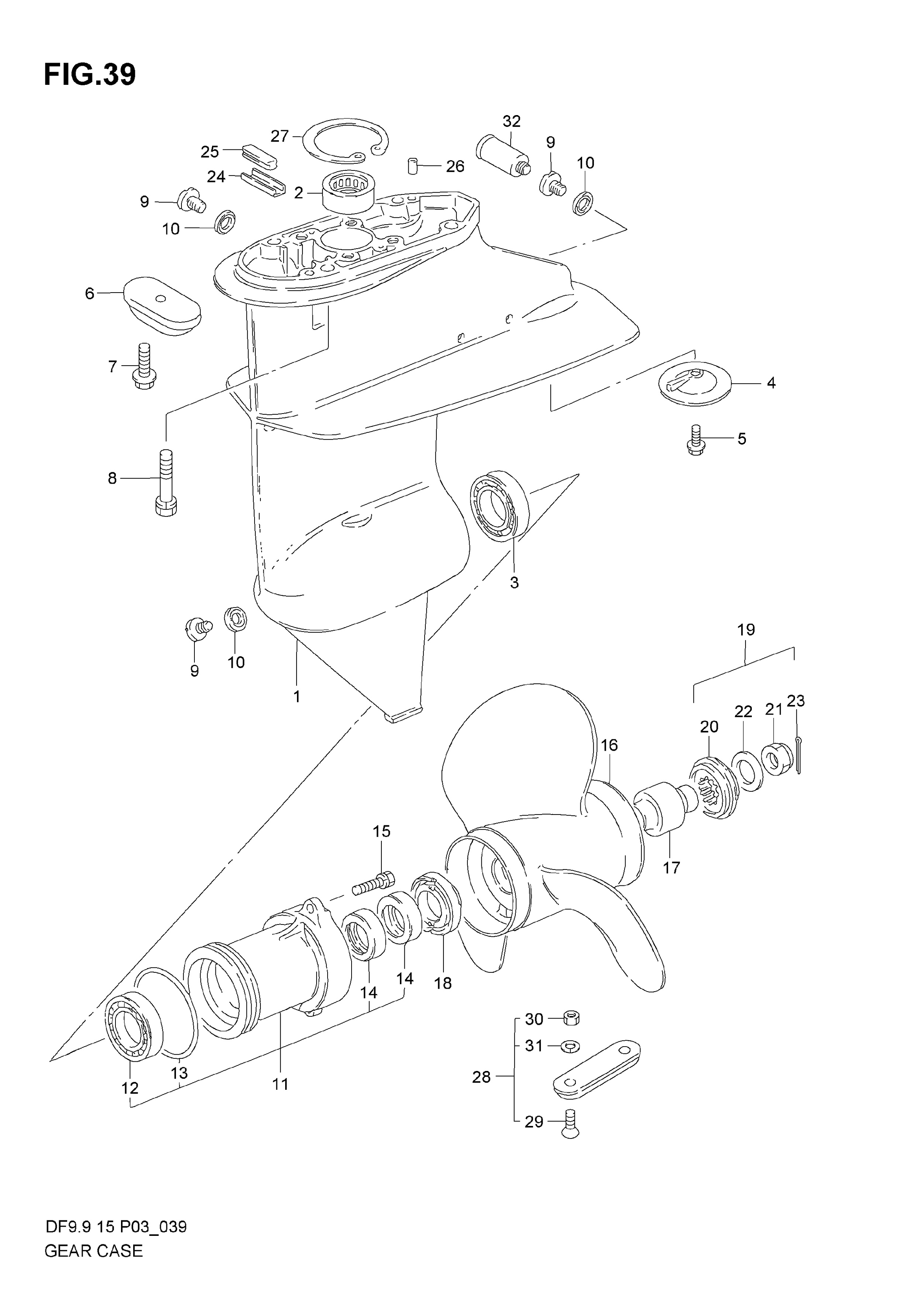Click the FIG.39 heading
90,75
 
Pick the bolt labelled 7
144,367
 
